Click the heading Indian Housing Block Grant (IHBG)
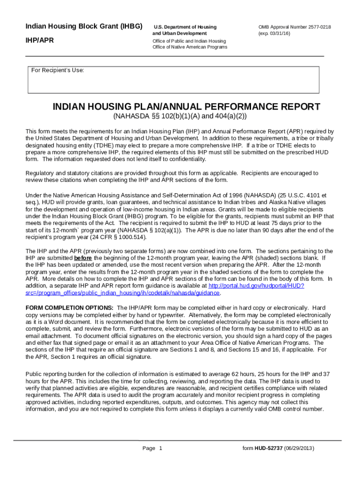(84, 26)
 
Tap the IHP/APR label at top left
(39, 40)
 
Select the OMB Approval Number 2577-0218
(295, 27)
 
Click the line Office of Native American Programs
(190, 47)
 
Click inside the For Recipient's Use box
(173, 82)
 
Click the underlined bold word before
(83, 258)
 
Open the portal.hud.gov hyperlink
(256, 285)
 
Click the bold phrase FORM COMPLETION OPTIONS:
(69, 308)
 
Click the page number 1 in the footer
(160, 448)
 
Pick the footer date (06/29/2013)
(299, 448)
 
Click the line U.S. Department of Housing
(185, 27)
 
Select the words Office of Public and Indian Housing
(189, 41)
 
